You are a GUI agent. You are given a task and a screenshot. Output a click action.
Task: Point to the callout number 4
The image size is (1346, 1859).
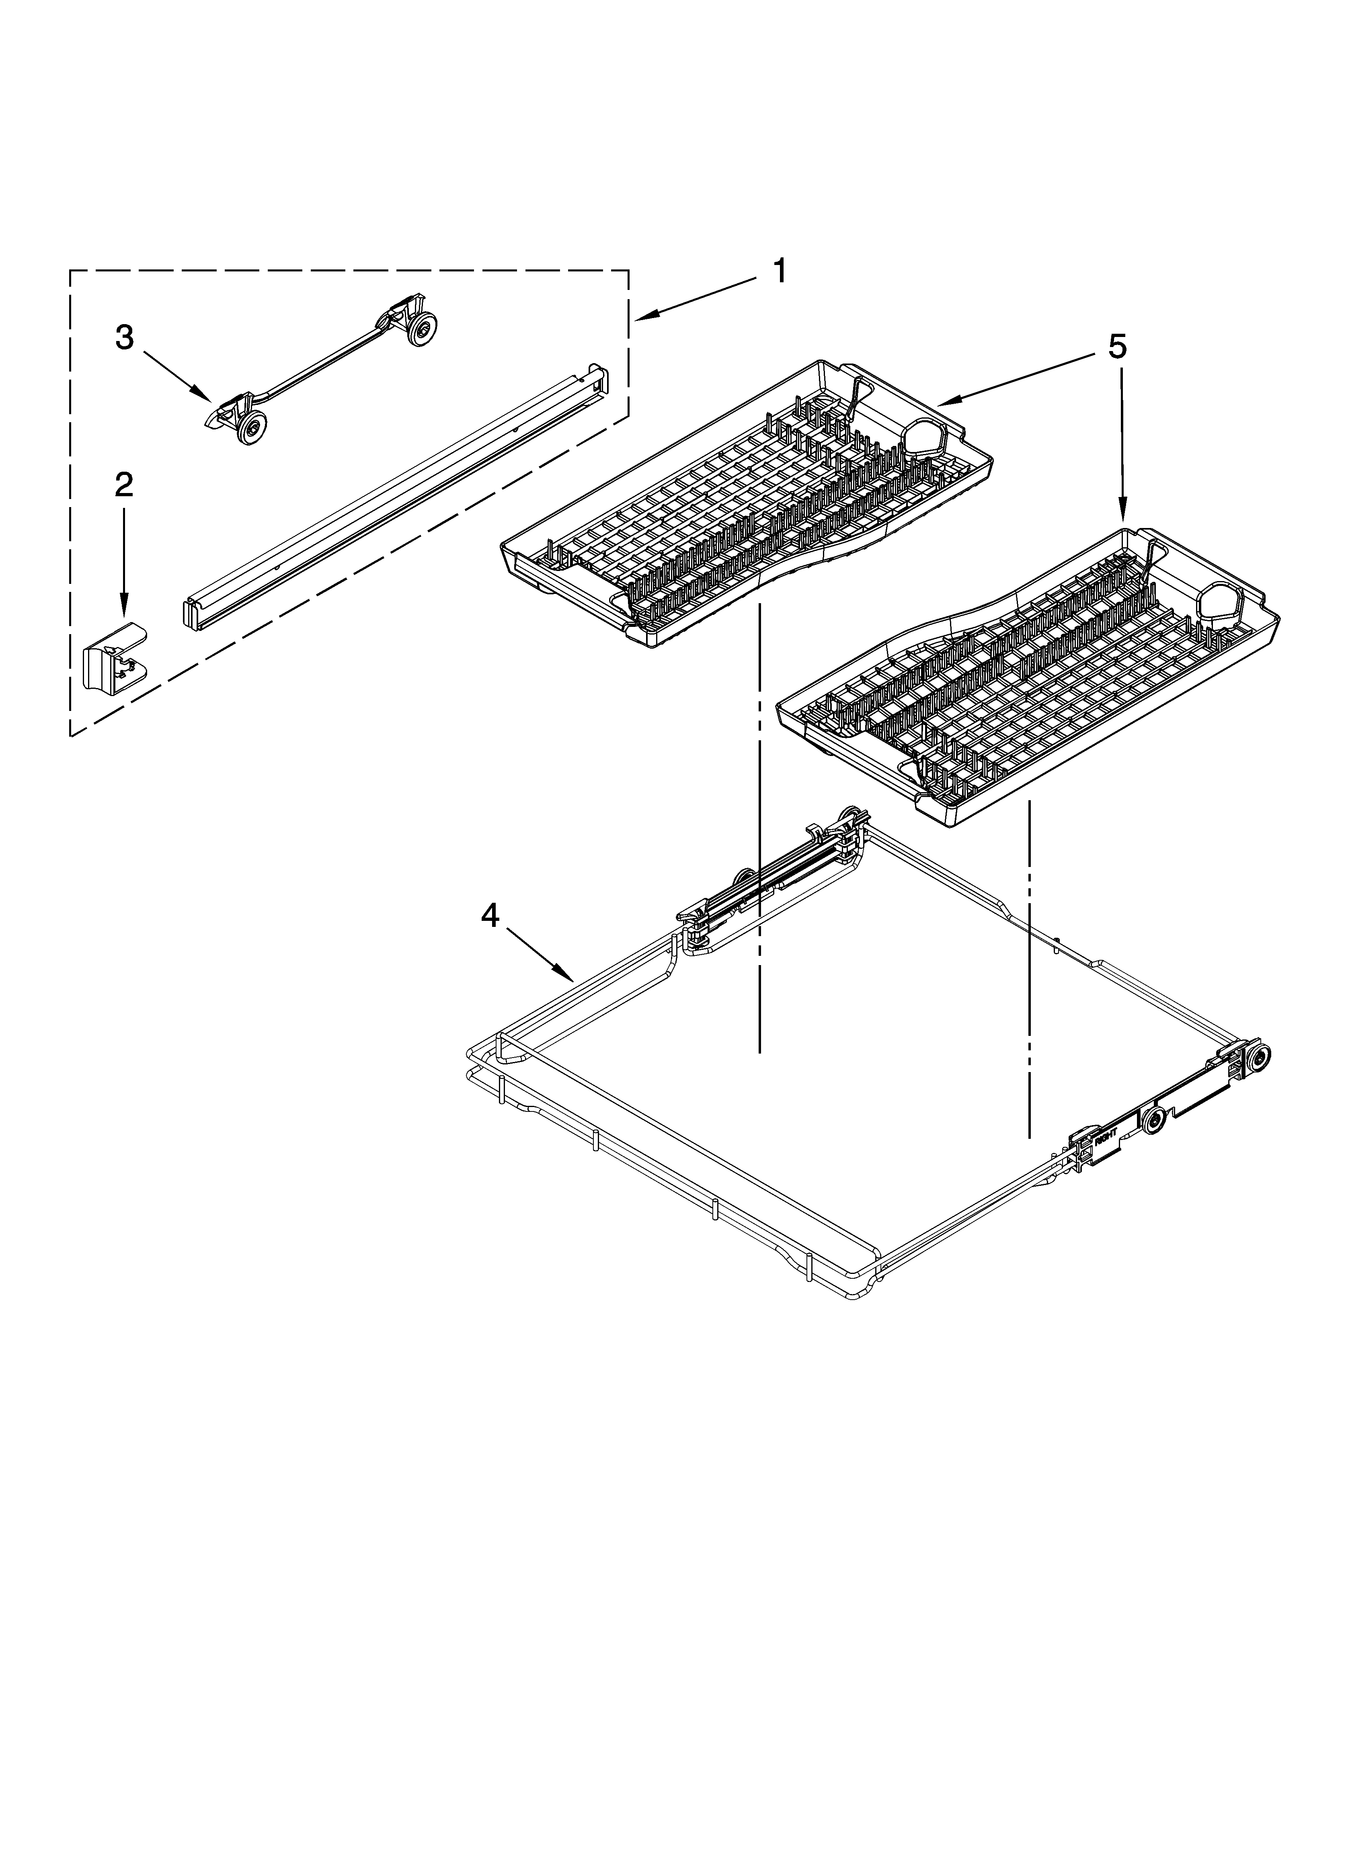(x=489, y=916)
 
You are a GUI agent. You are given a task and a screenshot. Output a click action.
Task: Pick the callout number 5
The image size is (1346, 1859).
(x=1117, y=347)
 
